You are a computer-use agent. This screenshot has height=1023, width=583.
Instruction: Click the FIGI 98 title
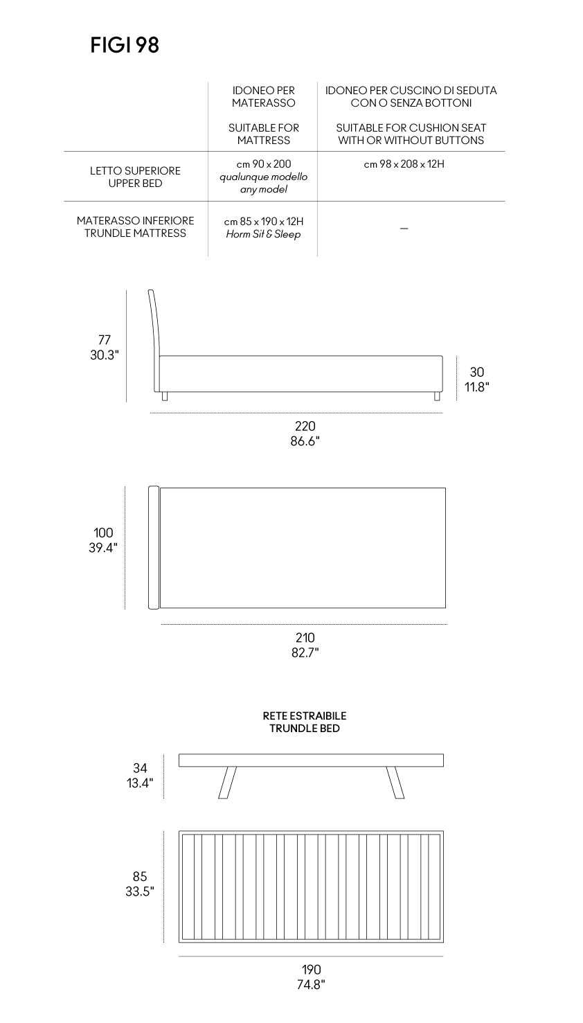pyautogui.click(x=125, y=45)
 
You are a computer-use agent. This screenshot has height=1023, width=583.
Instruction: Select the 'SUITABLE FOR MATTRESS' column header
pyautogui.click(x=263, y=134)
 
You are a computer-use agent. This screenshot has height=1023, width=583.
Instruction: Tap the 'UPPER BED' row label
pyautogui.click(x=135, y=183)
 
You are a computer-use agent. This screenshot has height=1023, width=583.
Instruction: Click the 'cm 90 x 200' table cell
pyautogui.click(x=263, y=164)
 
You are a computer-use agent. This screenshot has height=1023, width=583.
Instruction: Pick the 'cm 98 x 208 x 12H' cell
pyautogui.click(x=404, y=164)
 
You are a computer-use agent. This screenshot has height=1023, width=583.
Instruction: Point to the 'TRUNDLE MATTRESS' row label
pyautogui.click(x=135, y=233)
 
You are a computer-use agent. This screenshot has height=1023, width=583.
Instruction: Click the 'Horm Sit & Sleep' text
pyautogui.click(x=263, y=234)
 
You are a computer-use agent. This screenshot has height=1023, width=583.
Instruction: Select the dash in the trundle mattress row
pyautogui.click(x=404, y=229)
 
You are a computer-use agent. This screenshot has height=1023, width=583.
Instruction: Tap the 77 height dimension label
pyautogui.click(x=105, y=340)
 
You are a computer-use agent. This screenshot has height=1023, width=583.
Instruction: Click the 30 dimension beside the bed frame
pyautogui.click(x=476, y=372)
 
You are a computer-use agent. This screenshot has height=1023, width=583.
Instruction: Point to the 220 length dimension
pyautogui.click(x=305, y=426)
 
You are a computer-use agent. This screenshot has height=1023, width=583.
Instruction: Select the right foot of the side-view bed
pyautogui.click(x=437, y=396)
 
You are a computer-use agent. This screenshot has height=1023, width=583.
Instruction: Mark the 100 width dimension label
pyautogui.click(x=103, y=533)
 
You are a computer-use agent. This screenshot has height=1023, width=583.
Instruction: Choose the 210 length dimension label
pyautogui.click(x=305, y=637)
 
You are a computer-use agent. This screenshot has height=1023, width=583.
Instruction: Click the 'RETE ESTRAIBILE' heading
pyautogui.click(x=305, y=715)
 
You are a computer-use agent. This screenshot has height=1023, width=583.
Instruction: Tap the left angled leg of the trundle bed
pyautogui.click(x=227, y=783)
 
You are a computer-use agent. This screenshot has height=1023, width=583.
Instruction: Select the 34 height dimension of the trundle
pyautogui.click(x=140, y=768)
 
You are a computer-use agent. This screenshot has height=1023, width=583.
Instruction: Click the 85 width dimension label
pyautogui.click(x=140, y=876)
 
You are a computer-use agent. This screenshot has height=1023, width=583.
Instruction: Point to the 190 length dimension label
pyautogui.click(x=311, y=970)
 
